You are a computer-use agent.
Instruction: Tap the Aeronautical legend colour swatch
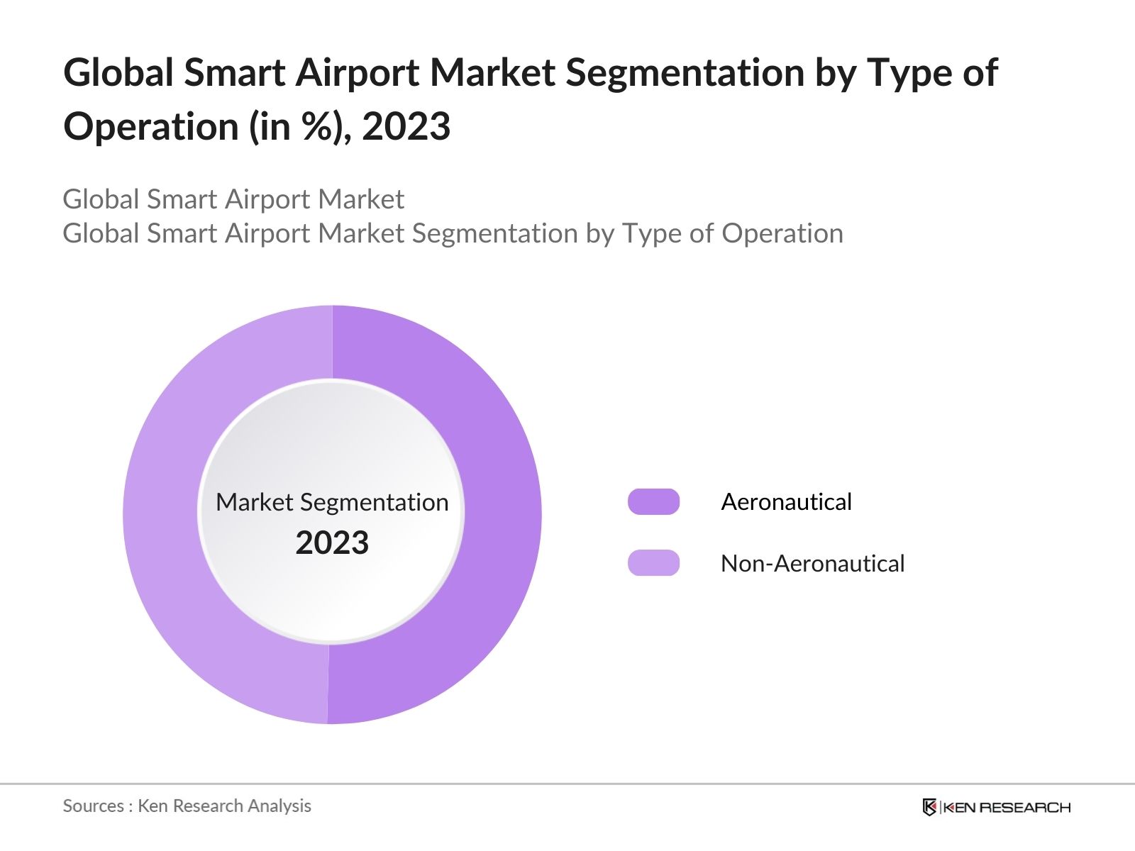(653, 501)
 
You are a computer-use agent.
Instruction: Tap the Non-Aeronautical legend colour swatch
(653, 563)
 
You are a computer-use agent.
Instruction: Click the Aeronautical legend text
(786, 501)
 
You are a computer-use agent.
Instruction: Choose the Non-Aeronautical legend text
(812, 563)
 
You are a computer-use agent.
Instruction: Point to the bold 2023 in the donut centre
(332, 543)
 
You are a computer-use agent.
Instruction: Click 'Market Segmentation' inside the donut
(332, 502)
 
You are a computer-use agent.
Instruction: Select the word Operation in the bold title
(151, 127)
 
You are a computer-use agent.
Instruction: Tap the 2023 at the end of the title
(406, 127)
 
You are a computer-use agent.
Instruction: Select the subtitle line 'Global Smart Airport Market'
(233, 199)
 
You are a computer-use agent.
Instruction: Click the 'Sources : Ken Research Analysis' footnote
(187, 806)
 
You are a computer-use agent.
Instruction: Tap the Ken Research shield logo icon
(929, 807)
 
